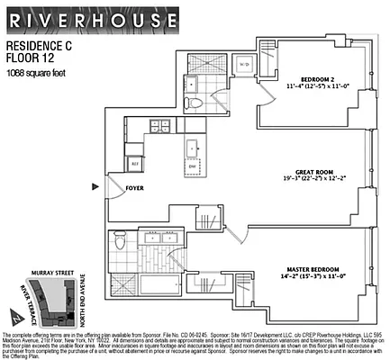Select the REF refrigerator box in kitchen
(x=135, y=163)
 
